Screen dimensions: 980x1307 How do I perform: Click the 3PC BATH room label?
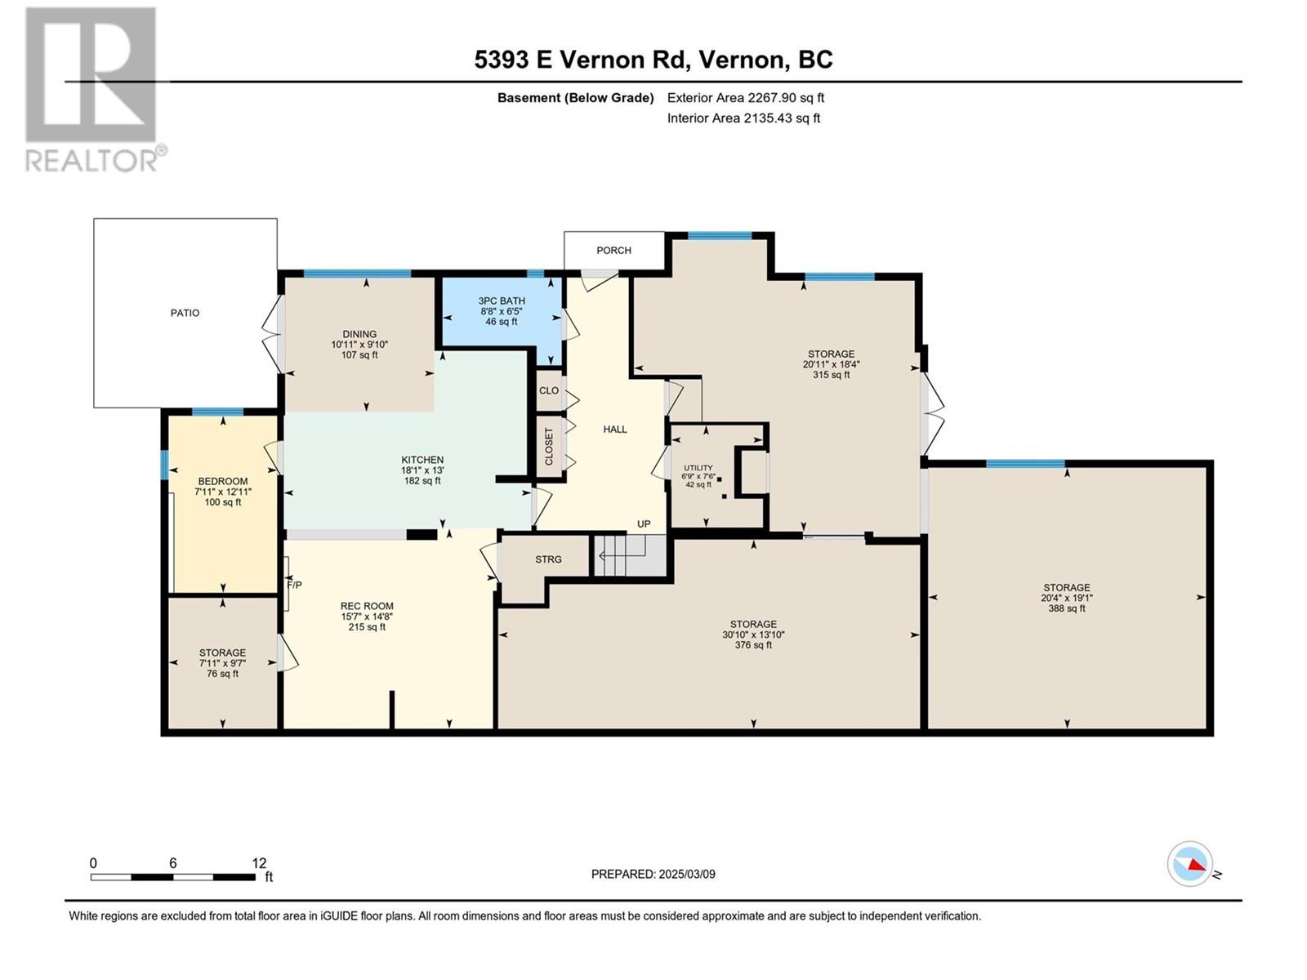click(502, 301)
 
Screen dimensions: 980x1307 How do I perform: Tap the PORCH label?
click(613, 251)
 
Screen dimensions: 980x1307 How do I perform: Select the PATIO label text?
click(185, 313)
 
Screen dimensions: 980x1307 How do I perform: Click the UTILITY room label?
click(698, 468)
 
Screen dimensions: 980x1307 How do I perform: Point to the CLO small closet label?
click(549, 390)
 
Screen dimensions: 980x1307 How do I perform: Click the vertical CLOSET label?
click(549, 447)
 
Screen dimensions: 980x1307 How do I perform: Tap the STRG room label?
click(548, 559)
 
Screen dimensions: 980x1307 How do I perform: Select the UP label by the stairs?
click(644, 524)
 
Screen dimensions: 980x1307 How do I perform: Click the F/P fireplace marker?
click(294, 585)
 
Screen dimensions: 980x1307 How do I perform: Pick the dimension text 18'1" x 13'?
click(422, 470)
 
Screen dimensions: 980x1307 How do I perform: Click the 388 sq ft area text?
click(1066, 608)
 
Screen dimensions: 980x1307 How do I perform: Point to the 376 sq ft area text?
click(753, 645)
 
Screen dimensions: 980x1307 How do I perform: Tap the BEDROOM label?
click(222, 482)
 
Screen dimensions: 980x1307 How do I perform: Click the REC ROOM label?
click(367, 607)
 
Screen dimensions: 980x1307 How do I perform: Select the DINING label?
click(359, 334)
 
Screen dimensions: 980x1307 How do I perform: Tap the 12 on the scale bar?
click(259, 863)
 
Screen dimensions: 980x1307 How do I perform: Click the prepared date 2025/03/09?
click(685, 874)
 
